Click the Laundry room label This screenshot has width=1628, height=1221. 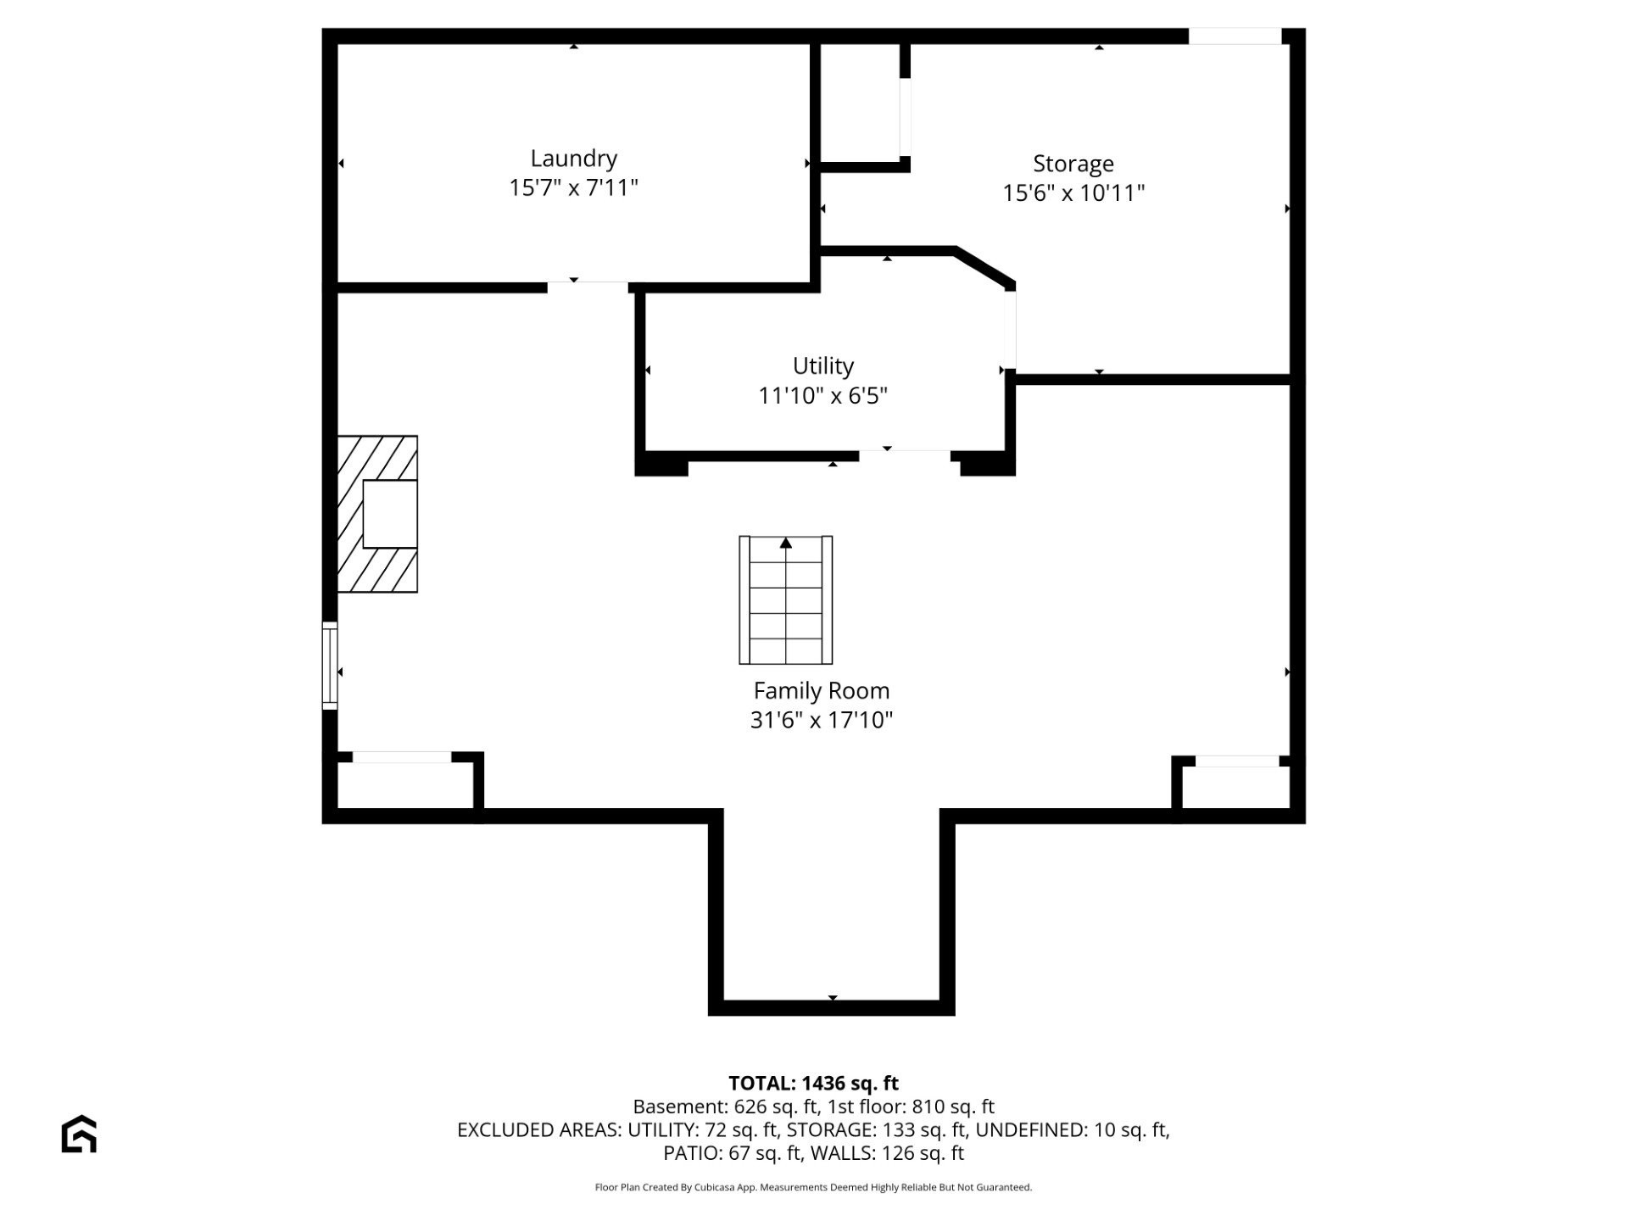[x=573, y=159]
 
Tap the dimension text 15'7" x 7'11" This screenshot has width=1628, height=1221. [x=573, y=187]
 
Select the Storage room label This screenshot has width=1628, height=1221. [x=1073, y=164]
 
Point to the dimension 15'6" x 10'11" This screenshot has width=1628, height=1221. [x=1073, y=193]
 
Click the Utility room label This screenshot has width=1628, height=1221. [x=822, y=366]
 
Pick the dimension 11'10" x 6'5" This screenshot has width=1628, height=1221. [x=822, y=396]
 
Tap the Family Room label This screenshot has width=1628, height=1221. [x=821, y=691]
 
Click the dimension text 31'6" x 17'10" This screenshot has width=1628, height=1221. [x=821, y=721]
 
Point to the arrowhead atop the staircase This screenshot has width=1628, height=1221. [x=786, y=543]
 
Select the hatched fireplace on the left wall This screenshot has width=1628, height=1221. [x=377, y=514]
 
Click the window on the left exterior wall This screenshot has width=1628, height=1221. [x=330, y=665]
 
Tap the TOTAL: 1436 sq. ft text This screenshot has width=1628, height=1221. [x=813, y=1083]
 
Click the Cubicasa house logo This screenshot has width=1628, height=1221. [x=79, y=1134]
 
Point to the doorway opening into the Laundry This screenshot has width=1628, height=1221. [x=587, y=287]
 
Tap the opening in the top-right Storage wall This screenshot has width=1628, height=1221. [x=1234, y=36]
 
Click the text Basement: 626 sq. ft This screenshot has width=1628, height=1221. [x=725, y=1107]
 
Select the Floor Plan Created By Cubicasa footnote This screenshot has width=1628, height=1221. [x=813, y=1187]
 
